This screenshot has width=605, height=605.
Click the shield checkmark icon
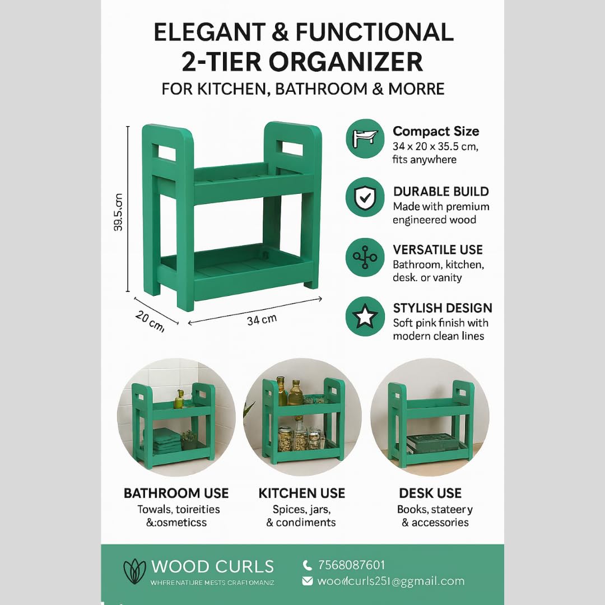365,197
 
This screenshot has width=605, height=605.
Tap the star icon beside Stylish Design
365,317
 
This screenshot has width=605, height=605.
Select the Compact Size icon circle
365,138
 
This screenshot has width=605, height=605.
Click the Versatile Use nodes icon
365,257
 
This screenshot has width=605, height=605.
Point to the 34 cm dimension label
262,320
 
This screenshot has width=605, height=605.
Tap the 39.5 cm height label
118,212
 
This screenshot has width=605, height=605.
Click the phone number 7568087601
351,565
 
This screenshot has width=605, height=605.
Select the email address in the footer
390,581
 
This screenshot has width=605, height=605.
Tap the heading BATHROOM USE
176,493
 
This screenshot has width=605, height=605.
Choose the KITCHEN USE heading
302,493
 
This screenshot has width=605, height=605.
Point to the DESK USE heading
430,493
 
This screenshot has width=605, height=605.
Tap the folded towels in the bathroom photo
167,440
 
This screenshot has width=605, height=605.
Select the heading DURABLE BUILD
441,192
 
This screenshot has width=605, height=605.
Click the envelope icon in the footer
307,581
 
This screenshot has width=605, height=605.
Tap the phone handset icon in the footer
307,565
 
